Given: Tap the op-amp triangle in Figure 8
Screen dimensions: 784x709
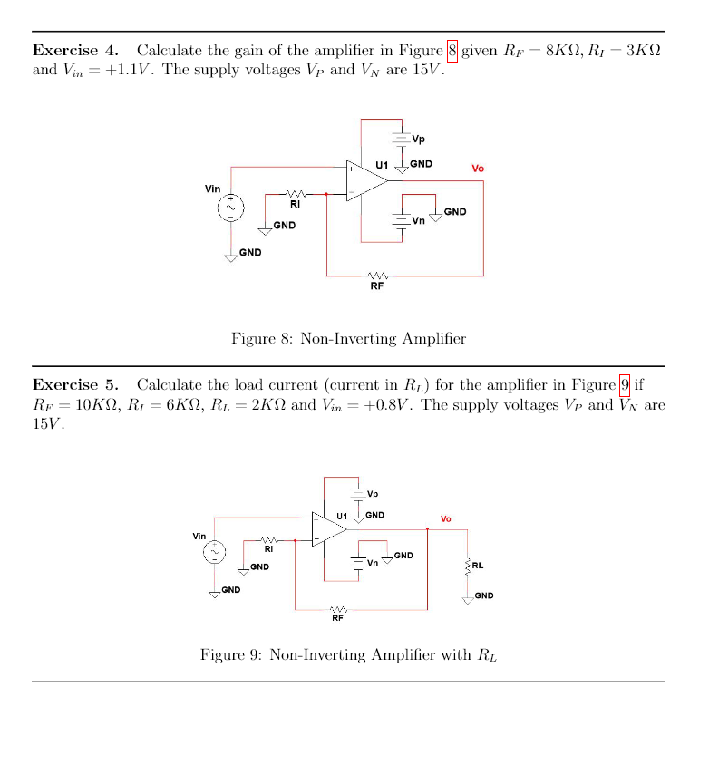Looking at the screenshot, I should [x=364, y=179].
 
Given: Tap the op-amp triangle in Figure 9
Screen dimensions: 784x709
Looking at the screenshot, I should [x=328, y=528].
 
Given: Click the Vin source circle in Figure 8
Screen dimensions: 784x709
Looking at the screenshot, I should [x=231, y=208].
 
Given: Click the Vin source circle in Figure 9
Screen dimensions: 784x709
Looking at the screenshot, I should [x=215, y=552].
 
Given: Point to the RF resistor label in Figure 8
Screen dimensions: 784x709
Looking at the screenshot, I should [x=377, y=286].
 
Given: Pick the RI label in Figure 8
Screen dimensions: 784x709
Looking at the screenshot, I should [x=296, y=204].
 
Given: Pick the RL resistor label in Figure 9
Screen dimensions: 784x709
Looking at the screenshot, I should [x=478, y=566].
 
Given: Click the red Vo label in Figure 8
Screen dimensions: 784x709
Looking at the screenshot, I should [x=478, y=169].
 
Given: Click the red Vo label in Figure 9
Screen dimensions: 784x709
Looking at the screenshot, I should [x=446, y=519].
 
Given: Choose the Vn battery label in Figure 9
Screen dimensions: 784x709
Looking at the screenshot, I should [x=373, y=563].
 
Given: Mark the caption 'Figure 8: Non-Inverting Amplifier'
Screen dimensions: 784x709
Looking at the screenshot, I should [x=348, y=339].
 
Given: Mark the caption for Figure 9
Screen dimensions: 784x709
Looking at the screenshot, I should [x=348, y=654].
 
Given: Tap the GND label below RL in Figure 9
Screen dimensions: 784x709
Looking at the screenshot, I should [x=484, y=595].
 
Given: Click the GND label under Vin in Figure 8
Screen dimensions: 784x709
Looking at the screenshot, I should [x=250, y=252].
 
